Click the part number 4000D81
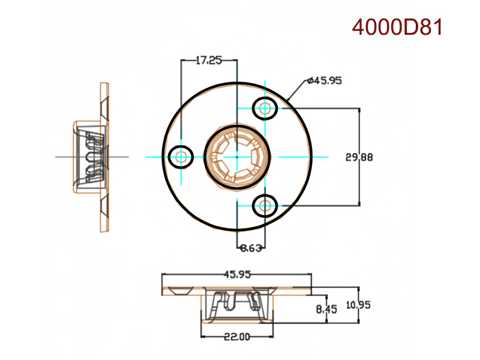[397, 28]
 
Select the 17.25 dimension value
[209, 60]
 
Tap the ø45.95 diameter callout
[324, 80]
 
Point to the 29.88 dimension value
[359, 157]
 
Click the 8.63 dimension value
[250, 247]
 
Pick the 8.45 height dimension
[326, 309]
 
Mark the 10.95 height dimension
[359, 305]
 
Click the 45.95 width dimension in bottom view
[237, 275]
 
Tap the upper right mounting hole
[265, 109]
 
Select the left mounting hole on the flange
[181, 157]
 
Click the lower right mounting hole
[265, 206]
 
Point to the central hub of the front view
[236, 157]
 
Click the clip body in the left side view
[89, 157]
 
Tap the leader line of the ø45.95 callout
[296, 91]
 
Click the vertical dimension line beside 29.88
[359, 132]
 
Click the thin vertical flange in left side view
[105, 157]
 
